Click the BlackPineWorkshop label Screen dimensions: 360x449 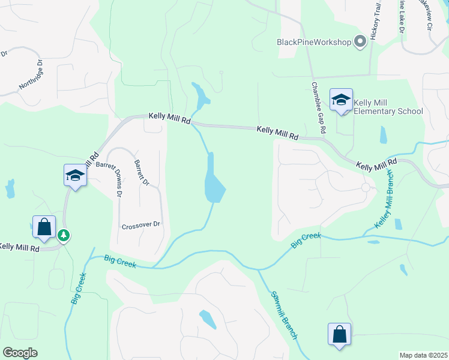tap(313, 42)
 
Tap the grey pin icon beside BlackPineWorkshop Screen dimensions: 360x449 tap(360, 41)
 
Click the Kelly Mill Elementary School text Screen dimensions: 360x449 tap(388, 107)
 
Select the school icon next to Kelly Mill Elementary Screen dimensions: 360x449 tap(341, 100)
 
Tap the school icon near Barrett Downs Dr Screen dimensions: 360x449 tap(76, 175)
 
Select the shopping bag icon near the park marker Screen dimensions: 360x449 tap(44, 227)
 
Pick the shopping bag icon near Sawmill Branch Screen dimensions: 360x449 tap(339, 334)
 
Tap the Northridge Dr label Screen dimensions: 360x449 tap(31, 74)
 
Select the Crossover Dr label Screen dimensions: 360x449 tap(141, 225)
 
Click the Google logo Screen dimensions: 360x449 tap(20, 352)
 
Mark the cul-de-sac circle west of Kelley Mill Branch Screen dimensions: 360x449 tap(365, 188)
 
